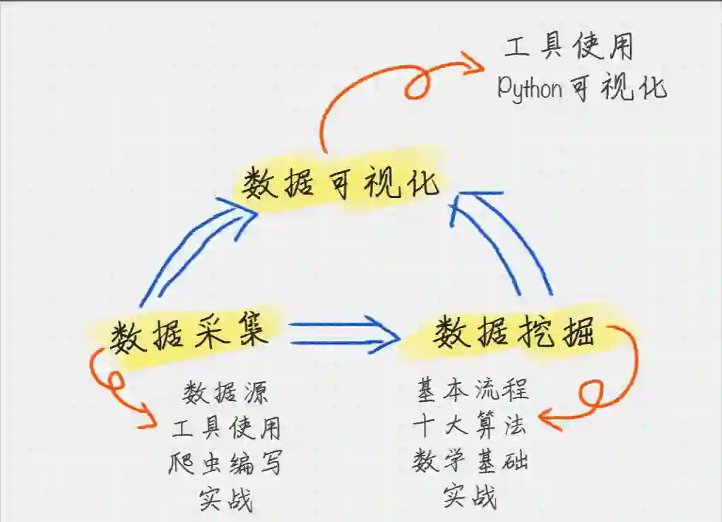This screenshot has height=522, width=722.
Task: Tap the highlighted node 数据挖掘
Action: pos(514,331)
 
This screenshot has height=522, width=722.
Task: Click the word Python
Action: pos(530,89)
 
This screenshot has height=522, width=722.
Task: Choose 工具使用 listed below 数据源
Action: pos(226,427)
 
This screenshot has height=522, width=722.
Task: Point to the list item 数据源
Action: pos(226,392)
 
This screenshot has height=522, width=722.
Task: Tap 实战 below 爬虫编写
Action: pos(226,500)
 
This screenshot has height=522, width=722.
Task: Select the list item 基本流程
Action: pos(473,388)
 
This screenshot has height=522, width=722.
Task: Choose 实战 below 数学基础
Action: pos(470,497)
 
